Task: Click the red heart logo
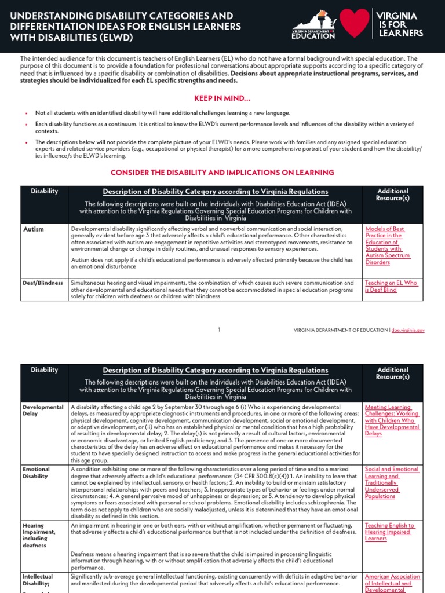pyautogui.click(x=354, y=24)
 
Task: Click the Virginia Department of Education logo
pyautogui.click(x=313, y=26)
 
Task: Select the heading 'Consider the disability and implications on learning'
pyautogui.click(x=222, y=173)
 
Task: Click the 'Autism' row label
pyautogui.click(x=33, y=229)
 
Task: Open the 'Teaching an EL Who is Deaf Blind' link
pyautogui.click(x=391, y=286)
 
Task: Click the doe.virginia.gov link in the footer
pyautogui.click(x=408, y=330)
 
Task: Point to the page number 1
pyautogui.click(x=220, y=330)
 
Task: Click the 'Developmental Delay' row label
pyautogui.click(x=43, y=411)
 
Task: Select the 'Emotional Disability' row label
pyautogui.click(x=36, y=473)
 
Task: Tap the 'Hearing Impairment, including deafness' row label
pyautogui.click(x=39, y=535)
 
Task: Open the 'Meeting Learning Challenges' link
pyautogui.click(x=392, y=420)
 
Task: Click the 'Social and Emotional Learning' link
pyautogui.click(x=391, y=482)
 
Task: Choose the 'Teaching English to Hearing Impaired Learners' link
pyautogui.click(x=389, y=532)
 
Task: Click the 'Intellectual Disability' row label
pyautogui.click(x=38, y=580)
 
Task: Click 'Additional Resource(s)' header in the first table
pyautogui.click(x=393, y=194)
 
